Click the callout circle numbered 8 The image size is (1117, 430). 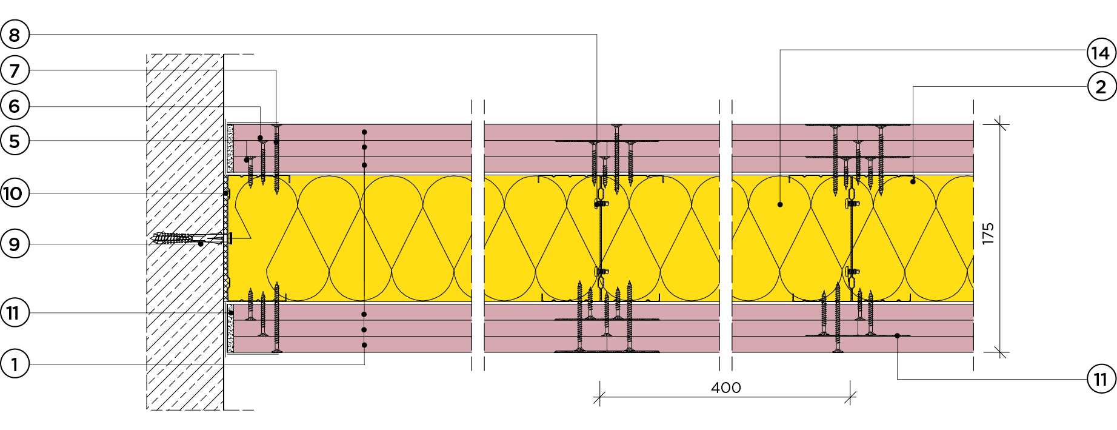14,35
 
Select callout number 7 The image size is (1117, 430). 14,70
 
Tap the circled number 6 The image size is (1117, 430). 14,106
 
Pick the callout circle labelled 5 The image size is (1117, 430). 14,141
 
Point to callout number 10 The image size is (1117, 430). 14,193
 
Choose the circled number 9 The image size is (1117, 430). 14,244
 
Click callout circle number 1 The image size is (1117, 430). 14,364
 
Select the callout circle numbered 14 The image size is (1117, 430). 1101,53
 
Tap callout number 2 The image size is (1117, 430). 1101,87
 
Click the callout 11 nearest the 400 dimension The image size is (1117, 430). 1101,379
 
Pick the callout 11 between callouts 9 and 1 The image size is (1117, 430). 14,313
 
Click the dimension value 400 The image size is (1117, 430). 725,388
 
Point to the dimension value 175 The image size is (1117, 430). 988,233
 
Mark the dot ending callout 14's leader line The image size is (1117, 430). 780,204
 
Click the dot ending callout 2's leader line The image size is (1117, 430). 913,181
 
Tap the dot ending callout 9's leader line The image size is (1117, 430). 201,244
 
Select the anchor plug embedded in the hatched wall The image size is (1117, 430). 173,238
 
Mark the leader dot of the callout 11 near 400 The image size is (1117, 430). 897,335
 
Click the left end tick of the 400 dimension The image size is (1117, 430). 599,398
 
